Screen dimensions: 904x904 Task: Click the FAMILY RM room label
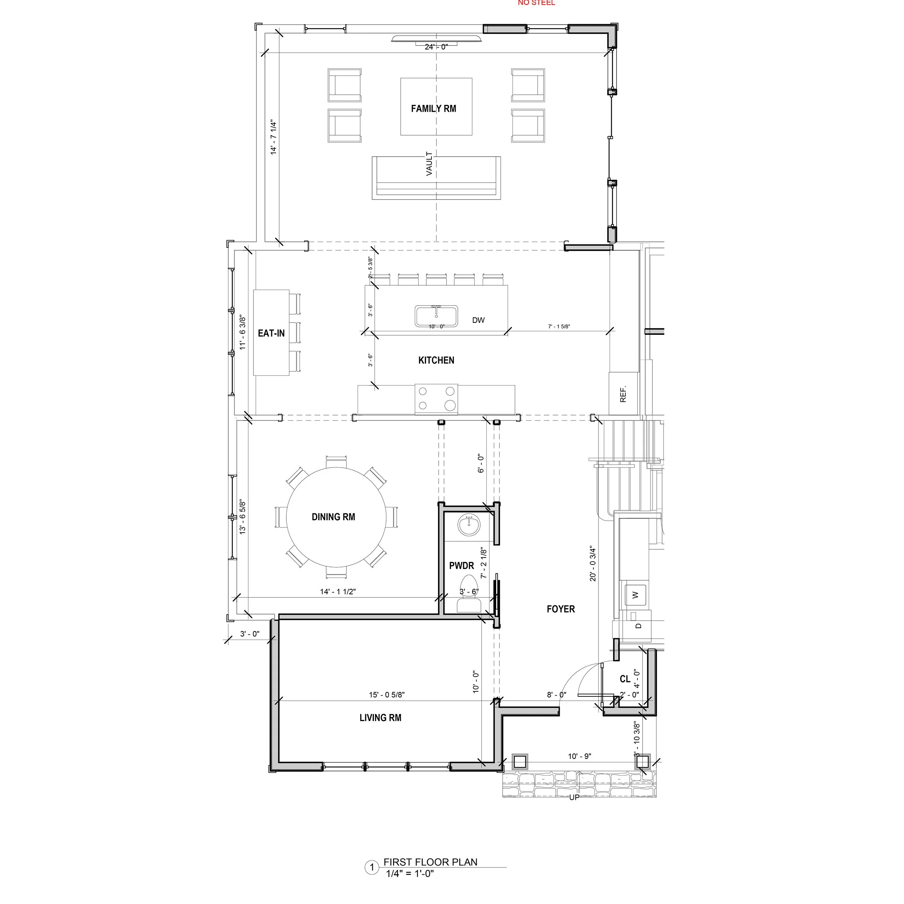tap(433, 108)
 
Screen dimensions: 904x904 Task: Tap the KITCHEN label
tap(436, 360)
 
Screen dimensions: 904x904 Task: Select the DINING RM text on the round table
tap(333, 517)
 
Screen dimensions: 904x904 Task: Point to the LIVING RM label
tap(380, 718)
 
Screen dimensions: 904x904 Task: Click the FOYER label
tap(560, 609)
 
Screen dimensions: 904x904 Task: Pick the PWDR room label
tap(461, 566)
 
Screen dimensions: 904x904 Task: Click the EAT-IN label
tap(272, 333)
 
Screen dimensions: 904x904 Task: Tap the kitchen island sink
tap(436, 315)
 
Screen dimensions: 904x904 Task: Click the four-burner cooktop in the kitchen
tap(436, 398)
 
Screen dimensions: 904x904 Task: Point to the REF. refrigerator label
tap(623, 394)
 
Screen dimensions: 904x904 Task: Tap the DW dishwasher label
tap(478, 320)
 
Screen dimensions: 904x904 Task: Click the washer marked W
tap(635, 595)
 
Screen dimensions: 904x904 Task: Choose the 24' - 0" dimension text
tap(436, 47)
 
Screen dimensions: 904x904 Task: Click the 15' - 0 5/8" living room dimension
tap(387, 695)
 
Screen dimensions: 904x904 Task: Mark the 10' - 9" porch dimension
tap(579, 756)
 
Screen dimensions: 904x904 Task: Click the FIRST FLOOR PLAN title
tap(430, 862)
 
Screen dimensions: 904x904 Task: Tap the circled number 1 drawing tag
tap(372, 868)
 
